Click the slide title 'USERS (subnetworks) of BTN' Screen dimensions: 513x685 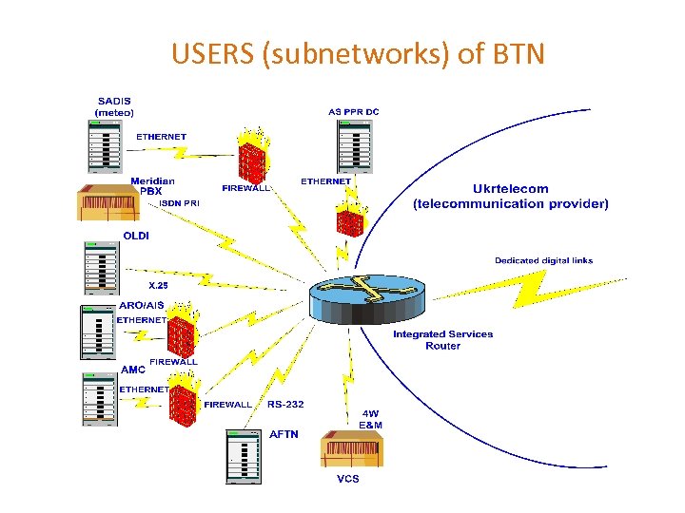coord(358,54)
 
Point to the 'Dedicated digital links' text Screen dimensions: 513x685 coord(543,260)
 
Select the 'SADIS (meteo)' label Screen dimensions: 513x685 coord(114,106)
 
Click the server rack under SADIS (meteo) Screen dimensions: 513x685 coord(104,147)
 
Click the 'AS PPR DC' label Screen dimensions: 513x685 coord(354,112)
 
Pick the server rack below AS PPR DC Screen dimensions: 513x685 coord(354,147)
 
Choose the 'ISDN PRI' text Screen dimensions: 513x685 coord(179,203)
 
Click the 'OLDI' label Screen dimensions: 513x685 coord(135,235)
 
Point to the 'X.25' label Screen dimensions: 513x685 coord(157,285)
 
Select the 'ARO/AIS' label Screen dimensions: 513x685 coord(141,305)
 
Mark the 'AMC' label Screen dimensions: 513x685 coord(133,369)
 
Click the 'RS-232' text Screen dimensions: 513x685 coord(285,404)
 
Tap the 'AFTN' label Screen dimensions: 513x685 coord(284,433)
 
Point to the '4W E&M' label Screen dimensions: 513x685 coord(372,419)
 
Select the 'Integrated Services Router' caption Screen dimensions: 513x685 coord(442,339)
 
